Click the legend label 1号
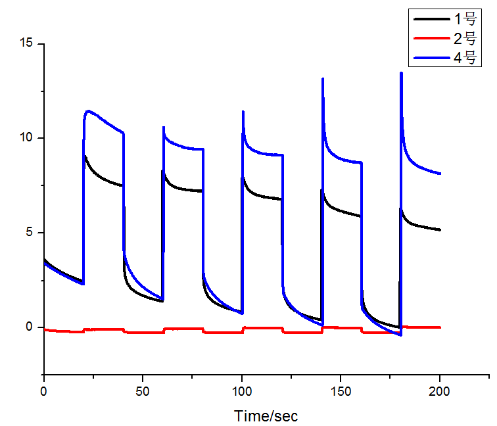pyautogui.click(x=463, y=19)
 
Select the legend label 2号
pyautogui.click(x=463, y=38)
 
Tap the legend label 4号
pyautogui.click(x=463, y=57)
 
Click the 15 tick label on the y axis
pyautogui.click(x=27, y=44)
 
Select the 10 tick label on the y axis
pyautogui.click(x=27, y=138)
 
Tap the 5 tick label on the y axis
pyautogui.click(x=30, y=233)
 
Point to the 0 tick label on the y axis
pyautogui.click(x=30, y=327)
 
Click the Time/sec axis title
pyautogui.click(x=266, y=415)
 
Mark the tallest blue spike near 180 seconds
pyautogui.click(x=401, y=73)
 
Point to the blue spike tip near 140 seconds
pyautogui.click(x=322, y=79)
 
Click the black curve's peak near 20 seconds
pyautogui.click(x=85, y=156)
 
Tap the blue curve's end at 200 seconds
pyautogui.click(x=440, y=174)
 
